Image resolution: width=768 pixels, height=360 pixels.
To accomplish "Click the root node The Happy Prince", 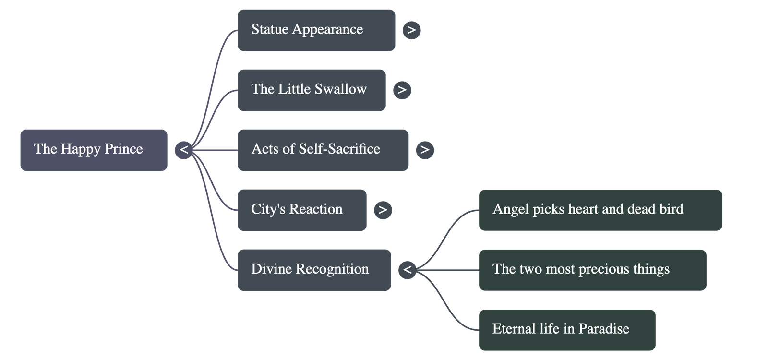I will pos(94,150).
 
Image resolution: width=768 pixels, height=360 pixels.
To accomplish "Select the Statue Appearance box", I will pos(316,30).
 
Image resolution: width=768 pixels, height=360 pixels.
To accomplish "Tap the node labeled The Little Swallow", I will pos(311,90).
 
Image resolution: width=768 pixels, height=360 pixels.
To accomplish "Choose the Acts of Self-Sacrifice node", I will pos(323,150).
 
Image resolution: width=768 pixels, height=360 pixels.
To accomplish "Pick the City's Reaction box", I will pos(301,210).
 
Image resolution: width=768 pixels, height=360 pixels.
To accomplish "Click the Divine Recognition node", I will pos(314,270).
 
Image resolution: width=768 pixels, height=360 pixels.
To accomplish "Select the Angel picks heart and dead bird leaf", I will pos(600,210).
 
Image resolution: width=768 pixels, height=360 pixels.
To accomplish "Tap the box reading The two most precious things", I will pos(592,270).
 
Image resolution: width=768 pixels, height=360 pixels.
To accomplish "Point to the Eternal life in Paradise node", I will pos(566,330).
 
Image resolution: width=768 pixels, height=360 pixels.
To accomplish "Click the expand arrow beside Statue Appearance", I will pos(411,30).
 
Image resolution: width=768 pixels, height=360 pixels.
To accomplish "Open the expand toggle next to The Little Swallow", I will pos(402,90).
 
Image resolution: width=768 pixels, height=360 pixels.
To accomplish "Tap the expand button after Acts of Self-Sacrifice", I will pos(424,150).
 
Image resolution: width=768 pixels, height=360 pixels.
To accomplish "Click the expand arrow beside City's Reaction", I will pos(383,210).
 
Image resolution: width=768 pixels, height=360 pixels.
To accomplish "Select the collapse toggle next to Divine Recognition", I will pos(407,270).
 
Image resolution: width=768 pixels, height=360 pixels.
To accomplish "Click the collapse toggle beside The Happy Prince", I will pos(183,150).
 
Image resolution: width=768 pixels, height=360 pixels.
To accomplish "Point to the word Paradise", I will pos(603,329).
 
